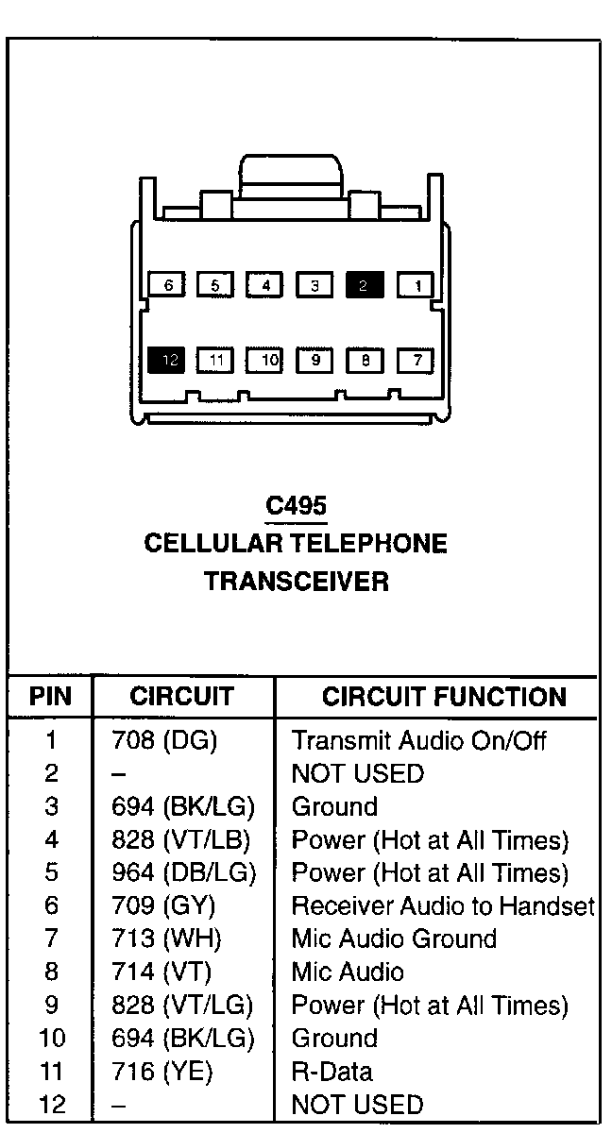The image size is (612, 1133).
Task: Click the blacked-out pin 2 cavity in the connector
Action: point(365,284)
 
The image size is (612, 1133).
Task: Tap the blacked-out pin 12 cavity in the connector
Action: point(166,360)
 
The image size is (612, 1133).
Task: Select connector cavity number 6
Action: point(167,284)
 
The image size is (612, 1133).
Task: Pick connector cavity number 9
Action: point(315,360)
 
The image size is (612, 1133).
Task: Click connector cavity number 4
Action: point(265,284)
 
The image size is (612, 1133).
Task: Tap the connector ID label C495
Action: point(296,506)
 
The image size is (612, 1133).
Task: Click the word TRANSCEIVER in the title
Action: point(296,581)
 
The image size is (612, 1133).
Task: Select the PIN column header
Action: point(50,697)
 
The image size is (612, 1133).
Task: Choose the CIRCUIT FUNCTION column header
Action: point(444,697)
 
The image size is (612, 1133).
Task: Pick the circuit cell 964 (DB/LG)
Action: point(183,872)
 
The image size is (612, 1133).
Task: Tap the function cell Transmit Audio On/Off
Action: point(418,740)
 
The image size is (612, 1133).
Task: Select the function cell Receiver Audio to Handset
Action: point(442,905)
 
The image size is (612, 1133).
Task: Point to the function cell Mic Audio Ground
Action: point(394,939)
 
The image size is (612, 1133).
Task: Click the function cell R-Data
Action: point(331,1071)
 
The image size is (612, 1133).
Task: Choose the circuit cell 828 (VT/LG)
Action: point(183,1005)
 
